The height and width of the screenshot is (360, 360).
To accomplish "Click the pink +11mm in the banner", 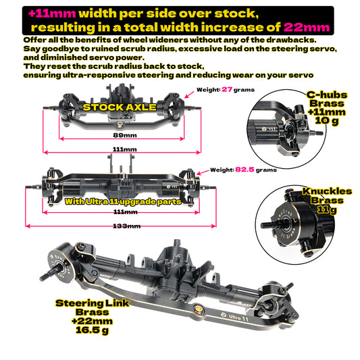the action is click(52, 14).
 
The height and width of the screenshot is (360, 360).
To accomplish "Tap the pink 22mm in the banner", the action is click(306, 28).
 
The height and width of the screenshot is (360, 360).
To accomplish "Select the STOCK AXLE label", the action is click(120, 107).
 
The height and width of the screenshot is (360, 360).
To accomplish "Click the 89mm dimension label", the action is click(125, 135).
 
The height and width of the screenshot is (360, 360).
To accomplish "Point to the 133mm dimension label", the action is click(126, 226).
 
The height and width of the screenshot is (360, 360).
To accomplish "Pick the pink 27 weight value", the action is click(227, 89).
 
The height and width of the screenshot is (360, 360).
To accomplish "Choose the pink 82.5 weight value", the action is click(245, 170).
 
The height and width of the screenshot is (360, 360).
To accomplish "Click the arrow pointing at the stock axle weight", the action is click(189, 95).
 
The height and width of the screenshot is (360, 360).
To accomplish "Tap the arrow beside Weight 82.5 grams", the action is click(203, 172).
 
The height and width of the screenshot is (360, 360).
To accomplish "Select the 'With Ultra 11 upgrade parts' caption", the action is click(123, 201).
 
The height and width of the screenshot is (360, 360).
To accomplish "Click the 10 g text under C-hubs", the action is click(327, 120).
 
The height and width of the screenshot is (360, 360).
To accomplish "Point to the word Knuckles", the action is click(327, 191).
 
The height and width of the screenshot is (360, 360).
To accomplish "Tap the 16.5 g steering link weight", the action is click(92, 330).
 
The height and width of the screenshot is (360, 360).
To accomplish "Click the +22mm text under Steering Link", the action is click(92, 321).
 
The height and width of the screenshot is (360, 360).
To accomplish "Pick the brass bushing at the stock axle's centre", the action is click(120, 124).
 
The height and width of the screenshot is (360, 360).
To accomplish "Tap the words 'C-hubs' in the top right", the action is click(327, 95).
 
